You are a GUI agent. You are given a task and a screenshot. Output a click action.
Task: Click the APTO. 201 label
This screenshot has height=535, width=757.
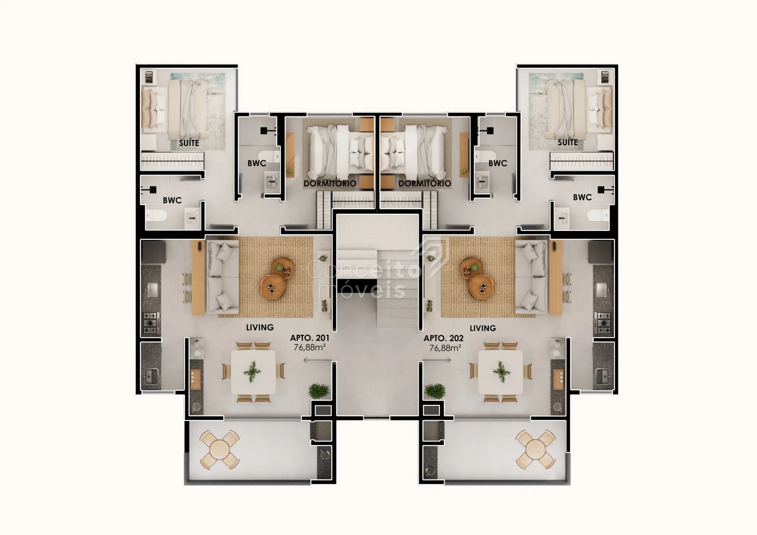click(x=309, y=338)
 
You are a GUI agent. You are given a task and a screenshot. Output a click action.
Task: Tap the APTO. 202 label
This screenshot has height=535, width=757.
click(x=444, y=338)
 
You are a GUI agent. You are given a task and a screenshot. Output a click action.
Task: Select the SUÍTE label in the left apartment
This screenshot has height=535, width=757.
click(x=189, y=143)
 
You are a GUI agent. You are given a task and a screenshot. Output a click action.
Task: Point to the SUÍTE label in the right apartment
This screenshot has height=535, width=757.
click(x=568, y=142)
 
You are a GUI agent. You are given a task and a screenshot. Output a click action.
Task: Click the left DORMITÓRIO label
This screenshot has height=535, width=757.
click(x=330, y=183)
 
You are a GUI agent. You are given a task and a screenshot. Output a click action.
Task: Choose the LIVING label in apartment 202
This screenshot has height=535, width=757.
click(x=483, y=328)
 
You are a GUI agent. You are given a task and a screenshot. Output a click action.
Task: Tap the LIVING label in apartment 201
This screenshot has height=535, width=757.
click(x=260, y=327)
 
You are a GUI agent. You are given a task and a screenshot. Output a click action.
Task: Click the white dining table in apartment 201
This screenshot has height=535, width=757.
click(x=253, y=372)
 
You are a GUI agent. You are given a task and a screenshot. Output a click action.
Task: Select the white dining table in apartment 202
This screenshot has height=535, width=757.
click(x=501, y=372)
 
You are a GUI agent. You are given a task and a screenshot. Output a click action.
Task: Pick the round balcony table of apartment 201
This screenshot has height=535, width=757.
click(x=220, y=449)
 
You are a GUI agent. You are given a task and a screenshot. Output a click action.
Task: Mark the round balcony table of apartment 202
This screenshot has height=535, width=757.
click(x=536, y=449)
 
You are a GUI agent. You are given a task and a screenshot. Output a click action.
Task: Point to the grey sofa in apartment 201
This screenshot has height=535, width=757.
click(x=223, y=276)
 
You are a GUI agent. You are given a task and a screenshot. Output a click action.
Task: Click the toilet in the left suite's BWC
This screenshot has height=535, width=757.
click(x=156, y=215)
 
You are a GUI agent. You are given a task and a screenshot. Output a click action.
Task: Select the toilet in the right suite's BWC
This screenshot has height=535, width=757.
click(x=599, y=215)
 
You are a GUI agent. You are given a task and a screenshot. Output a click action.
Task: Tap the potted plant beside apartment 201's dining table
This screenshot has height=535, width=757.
click(x=319, y=391)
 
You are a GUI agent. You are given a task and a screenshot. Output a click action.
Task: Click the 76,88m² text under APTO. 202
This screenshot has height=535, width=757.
click(x=445, y=347)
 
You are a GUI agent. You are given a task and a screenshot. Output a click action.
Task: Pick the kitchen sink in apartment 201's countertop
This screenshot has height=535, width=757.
click(x=152, y=289)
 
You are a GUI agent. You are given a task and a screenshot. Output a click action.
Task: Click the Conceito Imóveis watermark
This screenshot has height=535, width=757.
click(x=363, y=279)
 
